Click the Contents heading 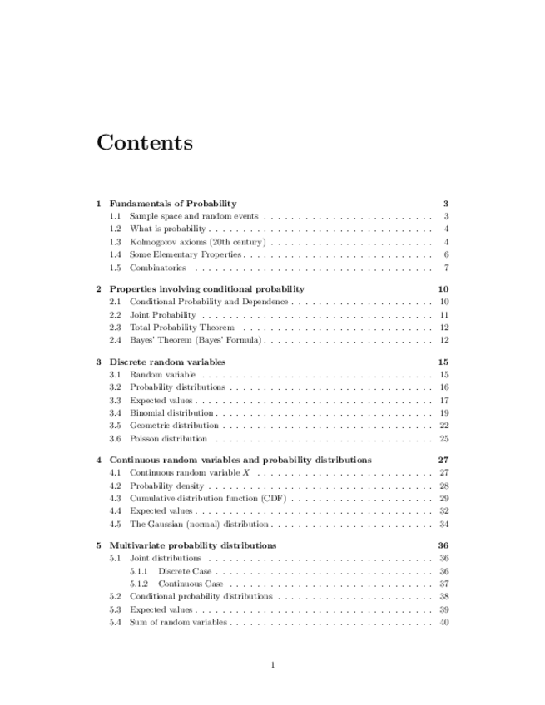[145, 142]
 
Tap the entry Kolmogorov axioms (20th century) [197, 242]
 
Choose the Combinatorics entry [158, 268]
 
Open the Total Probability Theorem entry [181, 328]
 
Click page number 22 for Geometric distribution [444, 426]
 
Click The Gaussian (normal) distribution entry [199, 525]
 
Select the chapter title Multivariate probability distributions [193, 545]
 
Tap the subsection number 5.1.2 [139, 584]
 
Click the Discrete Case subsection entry [186, 571]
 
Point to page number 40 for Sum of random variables [444, 623]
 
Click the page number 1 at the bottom [273, 664]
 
